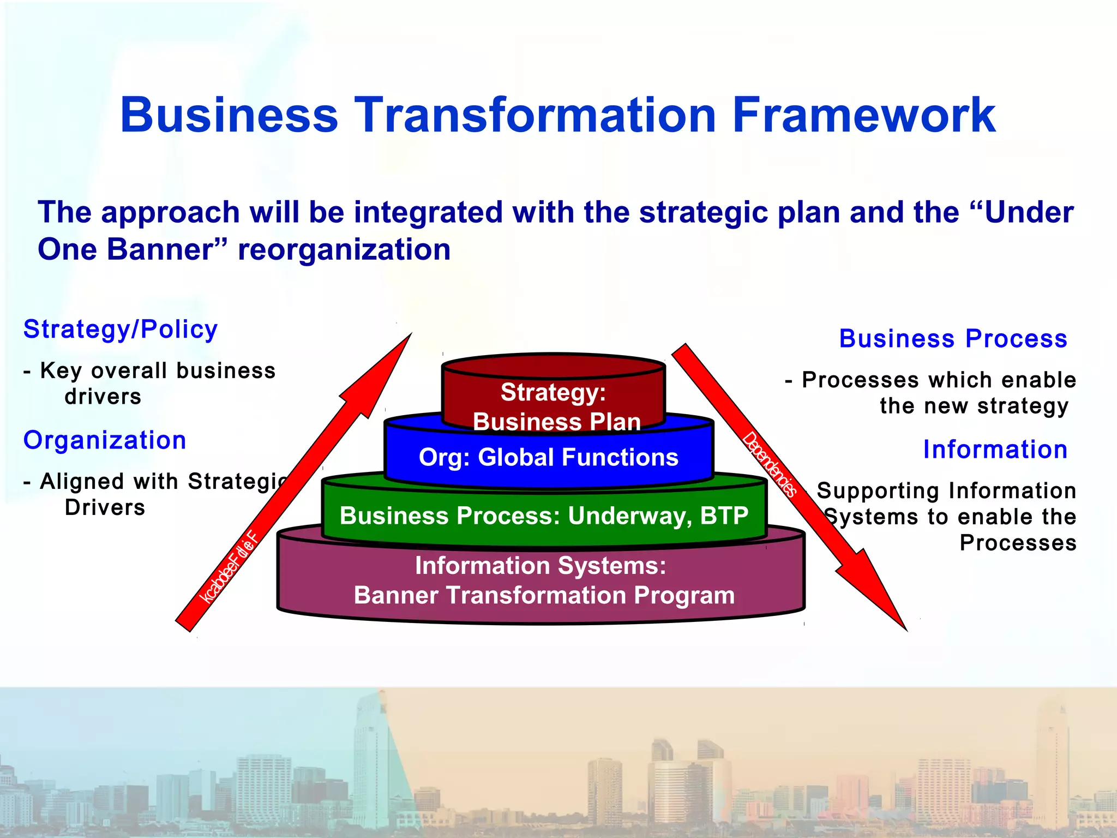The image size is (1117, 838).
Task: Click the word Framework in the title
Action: (864, 115)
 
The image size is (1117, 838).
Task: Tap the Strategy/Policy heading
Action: (121, 330)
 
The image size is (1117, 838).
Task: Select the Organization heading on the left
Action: (105, 440)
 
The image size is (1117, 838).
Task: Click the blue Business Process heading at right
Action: (953, 339)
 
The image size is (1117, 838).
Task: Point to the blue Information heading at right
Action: (995, 450)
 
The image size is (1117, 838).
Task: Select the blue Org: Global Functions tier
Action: (548, 457)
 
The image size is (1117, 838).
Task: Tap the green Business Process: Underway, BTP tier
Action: (544, 516)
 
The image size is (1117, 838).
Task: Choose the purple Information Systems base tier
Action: (541, 580)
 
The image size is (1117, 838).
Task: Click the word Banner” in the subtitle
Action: (166, 250)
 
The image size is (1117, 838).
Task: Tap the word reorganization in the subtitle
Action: (344, 250)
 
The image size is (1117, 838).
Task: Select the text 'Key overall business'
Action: (158, 371)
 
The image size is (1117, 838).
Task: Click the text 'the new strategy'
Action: (974, 406)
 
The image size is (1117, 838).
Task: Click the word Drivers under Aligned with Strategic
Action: (105, 507)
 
